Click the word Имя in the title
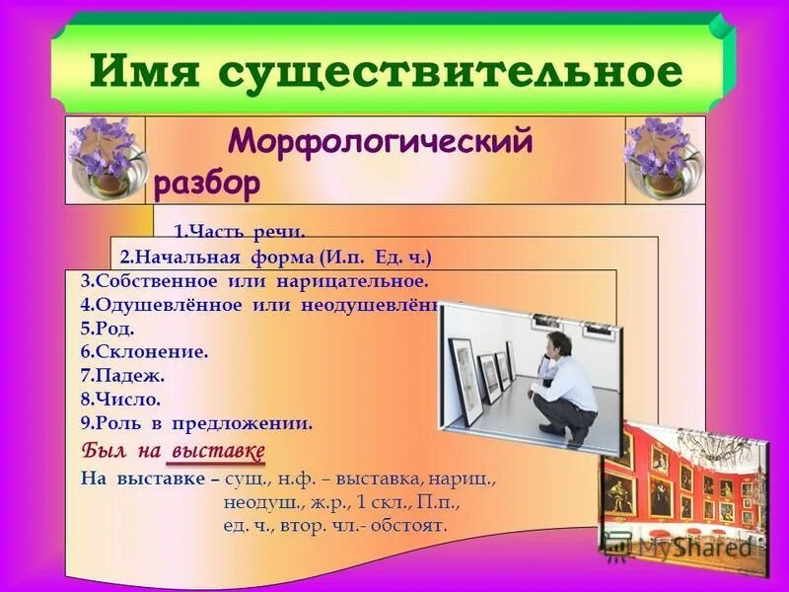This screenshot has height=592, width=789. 148,71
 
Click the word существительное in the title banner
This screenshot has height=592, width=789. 450,71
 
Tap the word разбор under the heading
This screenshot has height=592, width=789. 207,183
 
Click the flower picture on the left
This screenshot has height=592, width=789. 105,159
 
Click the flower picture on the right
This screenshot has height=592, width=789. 665,159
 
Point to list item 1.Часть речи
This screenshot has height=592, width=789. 240,233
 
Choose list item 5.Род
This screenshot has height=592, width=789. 108,330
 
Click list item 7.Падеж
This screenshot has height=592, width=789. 123,377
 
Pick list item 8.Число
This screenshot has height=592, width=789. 120,401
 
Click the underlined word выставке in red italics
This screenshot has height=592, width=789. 219,452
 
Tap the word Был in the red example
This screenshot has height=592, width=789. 99,452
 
